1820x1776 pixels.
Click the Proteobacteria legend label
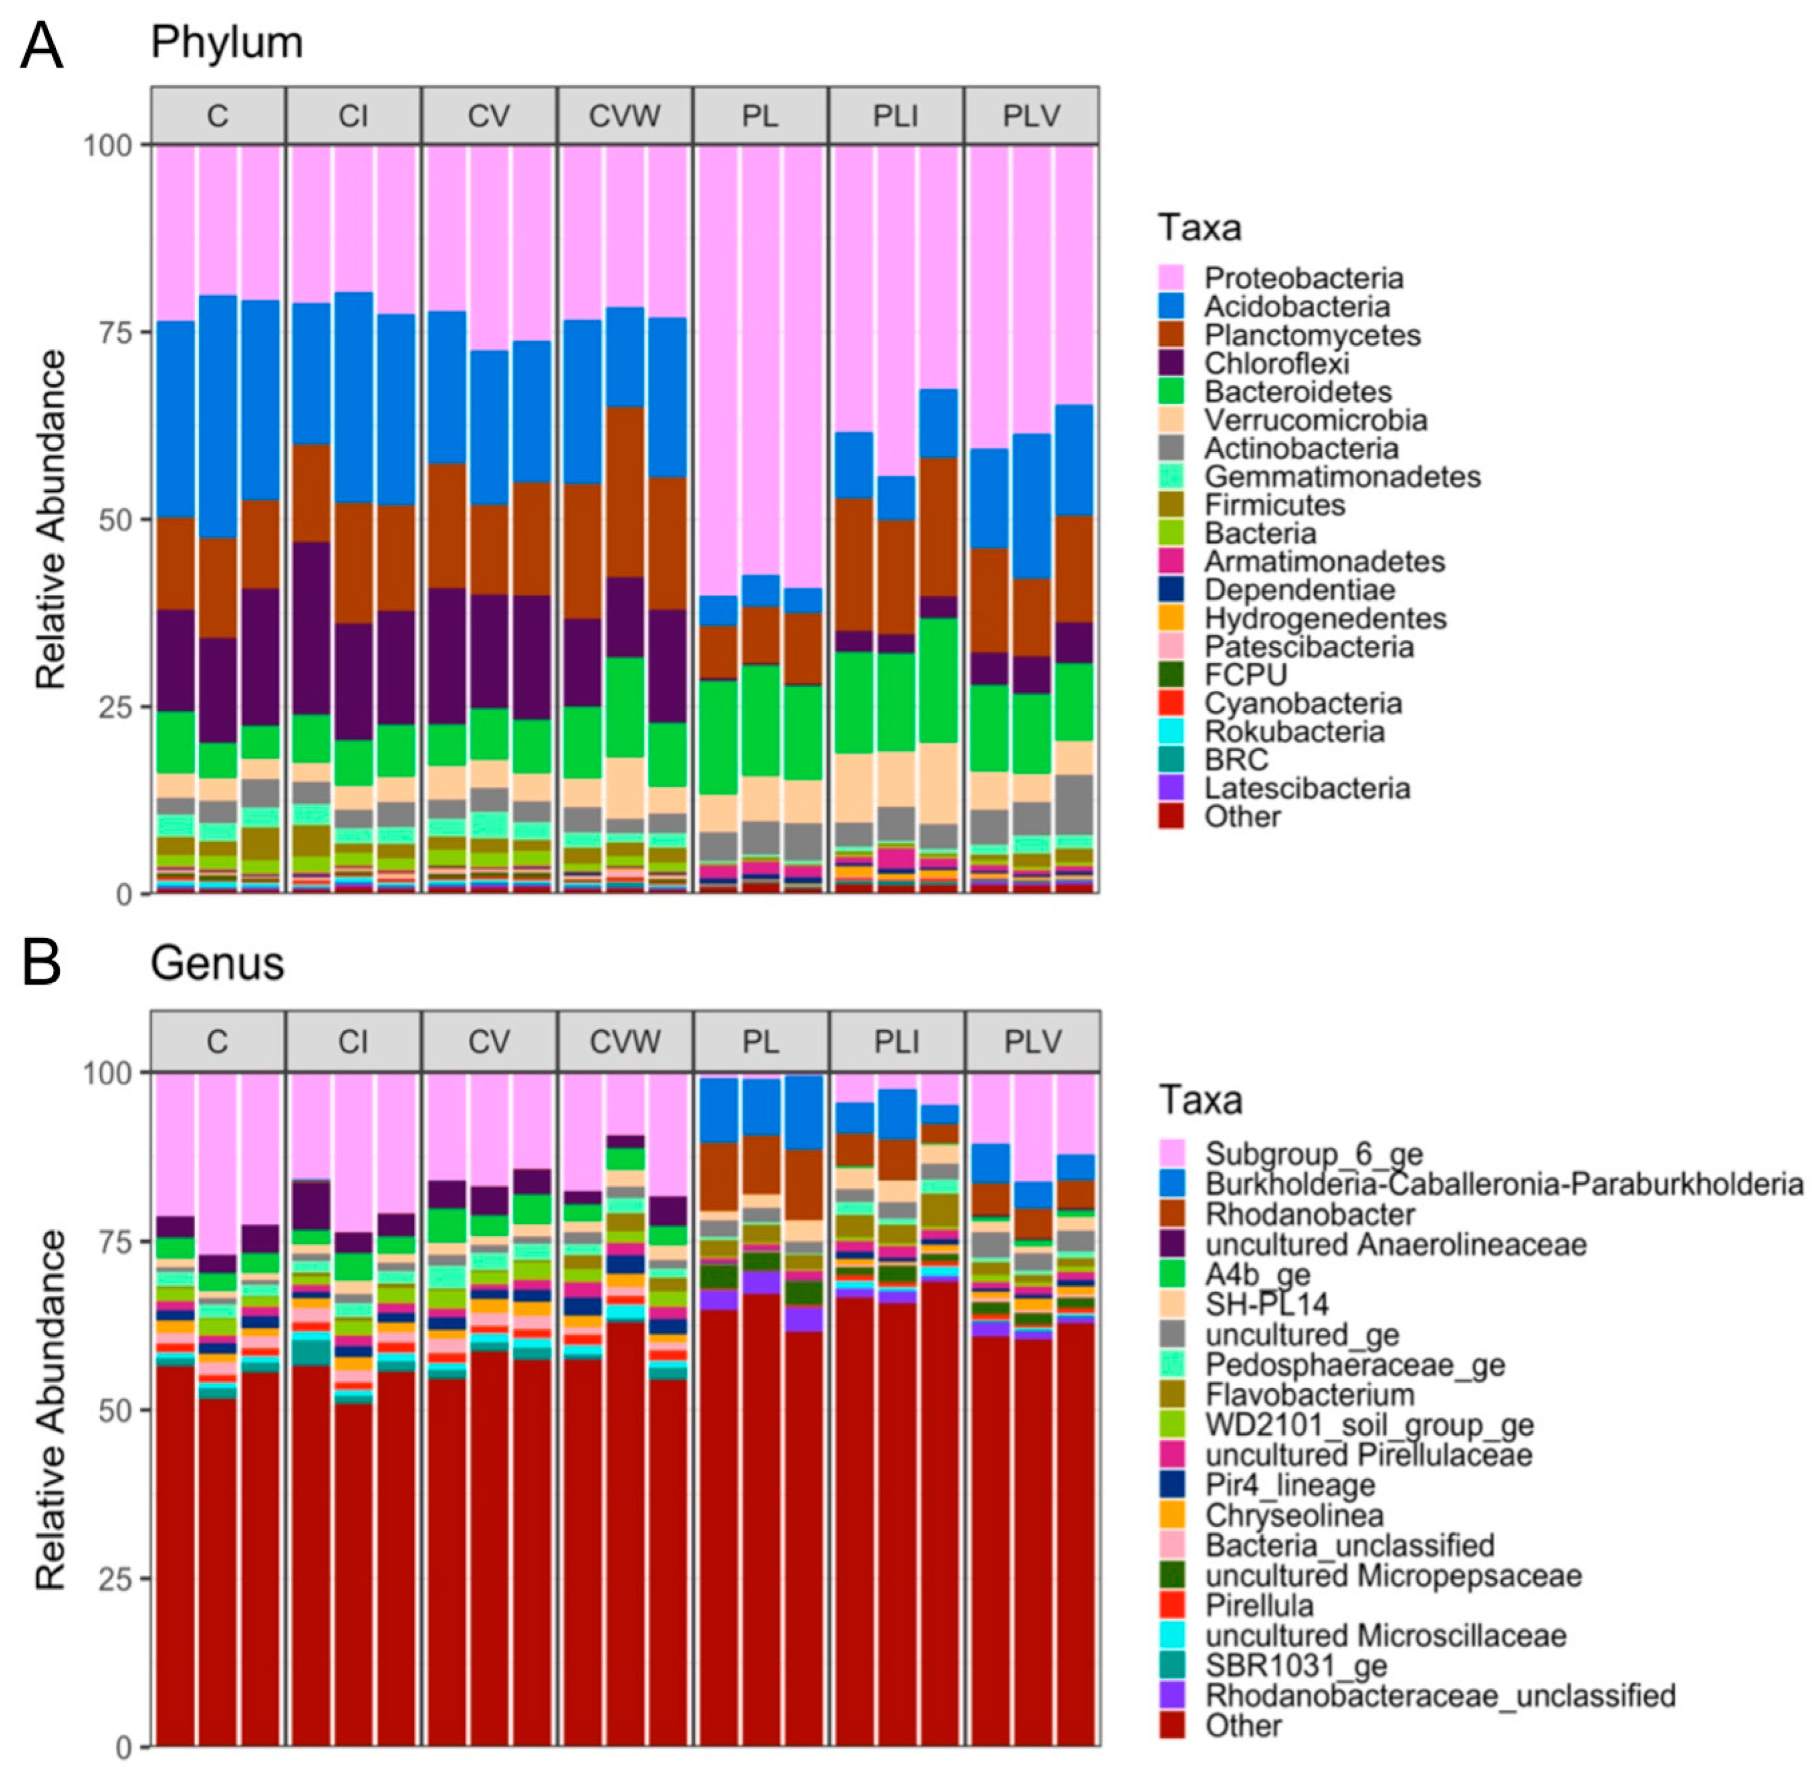(1303, 278)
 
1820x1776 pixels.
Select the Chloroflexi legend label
(1276, 363)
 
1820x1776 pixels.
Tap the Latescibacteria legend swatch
(1171, 788)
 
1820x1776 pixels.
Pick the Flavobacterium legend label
(1309, 1395)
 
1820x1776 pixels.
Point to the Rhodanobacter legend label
(1309, 1214)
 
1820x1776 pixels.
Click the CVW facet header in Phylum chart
(625, 116)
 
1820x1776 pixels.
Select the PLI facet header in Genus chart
(896, 1041)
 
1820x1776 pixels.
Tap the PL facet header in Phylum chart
(760, 116)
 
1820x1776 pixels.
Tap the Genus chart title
(217, 964)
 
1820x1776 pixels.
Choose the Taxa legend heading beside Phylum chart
(1199, 228)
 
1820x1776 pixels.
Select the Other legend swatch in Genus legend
(1171, 1725)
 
